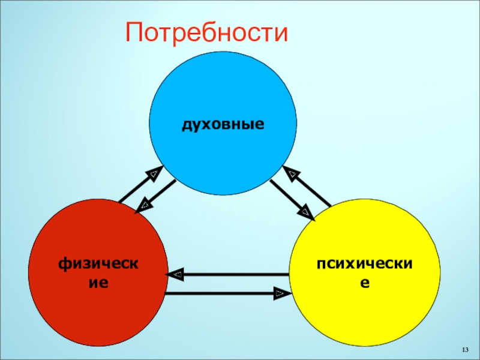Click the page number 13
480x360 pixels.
point(464,350)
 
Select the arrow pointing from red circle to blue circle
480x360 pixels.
point(140,185)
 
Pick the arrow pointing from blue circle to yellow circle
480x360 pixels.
point(292,198)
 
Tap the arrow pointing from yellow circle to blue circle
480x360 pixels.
point(307,186)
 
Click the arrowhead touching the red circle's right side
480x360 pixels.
point(176,275)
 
